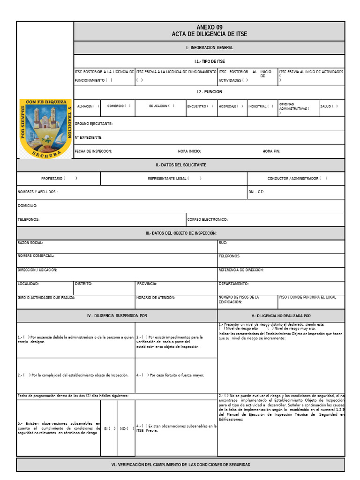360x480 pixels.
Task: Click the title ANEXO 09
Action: pyautogui.click(x=210, y=28)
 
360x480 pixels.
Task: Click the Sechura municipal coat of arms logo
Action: pyautogui.click(x=45, y=128)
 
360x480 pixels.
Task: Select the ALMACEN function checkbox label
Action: pyautogui.click(x=88, y=106)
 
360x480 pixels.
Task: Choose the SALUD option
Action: pyautogui.click(x=329, y=106)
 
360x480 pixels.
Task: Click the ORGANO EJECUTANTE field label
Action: pyautogui.click(x=94, y=124)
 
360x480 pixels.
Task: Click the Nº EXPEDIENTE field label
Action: pyautogui.click(x=89, y=137)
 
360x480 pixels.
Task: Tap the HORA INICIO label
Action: pyautogui.click(x=189, y=151)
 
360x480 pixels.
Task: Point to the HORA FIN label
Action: pyautogui.click(x=271, y=151)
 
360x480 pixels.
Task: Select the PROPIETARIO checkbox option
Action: pyautogui.click(x=59, y=179)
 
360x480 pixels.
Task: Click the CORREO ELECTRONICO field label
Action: pyautogui.click(x=207, y=219)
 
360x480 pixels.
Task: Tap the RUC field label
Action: pyautogui.click(x=223, y=243)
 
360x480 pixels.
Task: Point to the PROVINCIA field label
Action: pyautogui.click(x=147, y=284)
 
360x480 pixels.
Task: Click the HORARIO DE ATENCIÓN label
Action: pyautogui.click(x=155, y=298)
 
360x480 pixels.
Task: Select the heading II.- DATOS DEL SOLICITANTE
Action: pyautogui.click(x=181, y=165)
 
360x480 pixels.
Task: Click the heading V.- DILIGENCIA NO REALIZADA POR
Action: pyautogui.click(x=281, y=316)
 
